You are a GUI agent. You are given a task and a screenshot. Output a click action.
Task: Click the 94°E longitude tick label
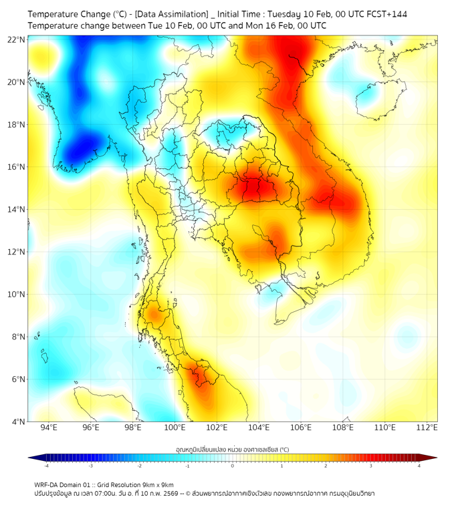click(49, 428)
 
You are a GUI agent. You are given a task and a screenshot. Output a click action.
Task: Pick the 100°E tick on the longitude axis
click(175, 428)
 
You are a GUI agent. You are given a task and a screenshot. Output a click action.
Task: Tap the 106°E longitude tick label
click(301, 428)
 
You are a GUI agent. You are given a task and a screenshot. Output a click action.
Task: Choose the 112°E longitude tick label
click(427, 428)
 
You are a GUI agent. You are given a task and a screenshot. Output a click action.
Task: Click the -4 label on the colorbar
click(46, 466)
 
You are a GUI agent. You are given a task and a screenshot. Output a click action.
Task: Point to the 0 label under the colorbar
click(233, 466)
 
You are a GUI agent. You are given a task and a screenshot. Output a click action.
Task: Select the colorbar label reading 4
click(419, 466)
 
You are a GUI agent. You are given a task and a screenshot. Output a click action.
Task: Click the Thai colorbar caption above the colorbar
click(232, 449)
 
